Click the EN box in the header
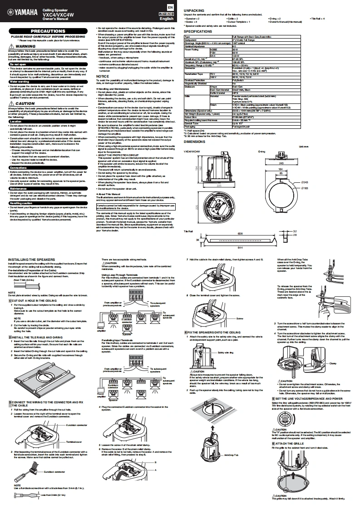(169, 8)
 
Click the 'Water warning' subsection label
(20, 82)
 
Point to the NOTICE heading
(103, 77)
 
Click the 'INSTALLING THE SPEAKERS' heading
(31, 259)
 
